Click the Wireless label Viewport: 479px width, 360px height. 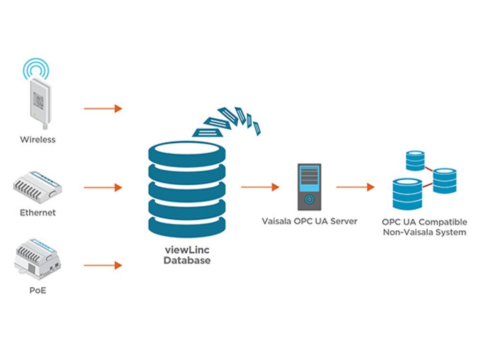[x=37, y=140]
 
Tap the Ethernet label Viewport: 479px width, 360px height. [x=37, y=212]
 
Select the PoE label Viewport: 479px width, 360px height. [x=37, y=291]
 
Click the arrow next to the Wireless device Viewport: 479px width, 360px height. [x=103, y=109]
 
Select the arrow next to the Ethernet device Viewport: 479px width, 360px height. [x=103, y=188]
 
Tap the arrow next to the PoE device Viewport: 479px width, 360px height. [x=103, y=265]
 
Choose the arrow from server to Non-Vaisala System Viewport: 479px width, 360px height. [x=355, y=187]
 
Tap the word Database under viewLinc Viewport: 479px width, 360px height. [x=187, y=261]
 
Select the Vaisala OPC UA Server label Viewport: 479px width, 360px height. [x=309, y=222]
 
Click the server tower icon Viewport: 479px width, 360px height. [x=309, y=187]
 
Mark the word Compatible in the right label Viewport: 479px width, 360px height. [x=444, y=223]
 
